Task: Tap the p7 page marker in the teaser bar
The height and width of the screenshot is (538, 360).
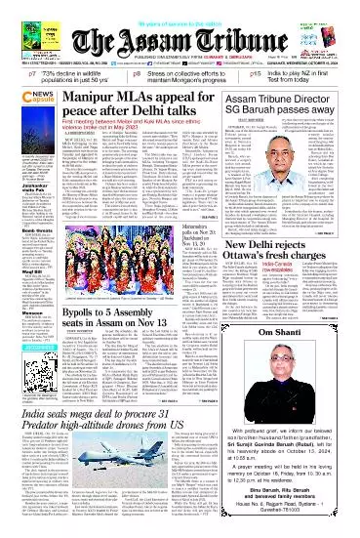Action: (x=12, y=73)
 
